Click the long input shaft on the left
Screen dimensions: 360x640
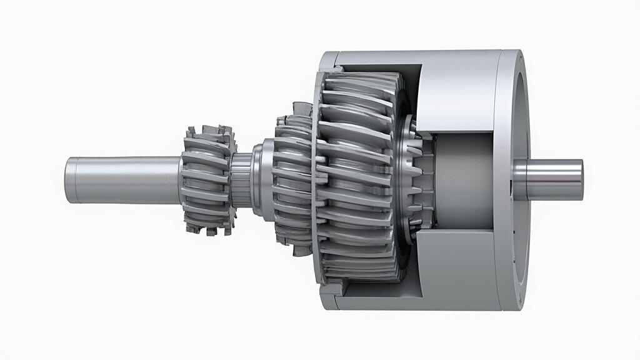pyautogui.click(x=125, y=179)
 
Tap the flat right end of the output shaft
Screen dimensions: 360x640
pyautogui.click(x=579, y=179)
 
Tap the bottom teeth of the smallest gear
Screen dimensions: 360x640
pyautogui.click(x=206, y=228)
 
